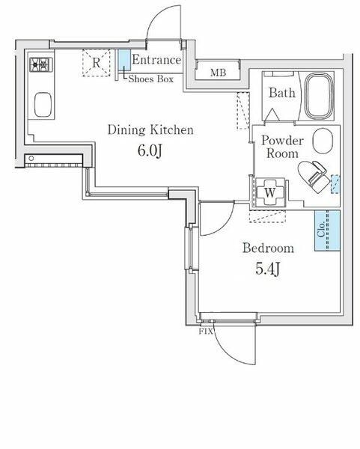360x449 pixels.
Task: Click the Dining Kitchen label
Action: [x=150, y=130]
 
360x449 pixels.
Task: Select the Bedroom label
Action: [x=267, y=248]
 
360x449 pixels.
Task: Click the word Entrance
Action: [x=156, y=61]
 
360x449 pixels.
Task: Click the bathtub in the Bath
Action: [x=320, y=95]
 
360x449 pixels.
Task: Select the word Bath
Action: [x=281, y=94]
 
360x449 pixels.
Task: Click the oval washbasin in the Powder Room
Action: [x=323, y=140]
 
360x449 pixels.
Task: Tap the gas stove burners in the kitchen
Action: [x=40, y=65]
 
